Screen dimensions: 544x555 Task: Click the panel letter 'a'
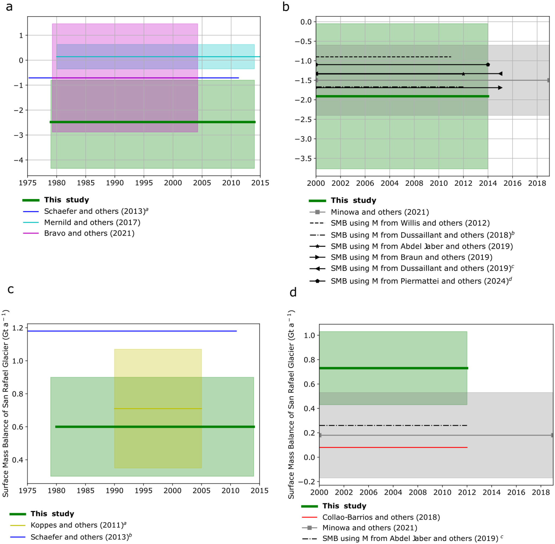(x=9, y=7)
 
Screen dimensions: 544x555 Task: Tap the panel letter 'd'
(x=293, y=293)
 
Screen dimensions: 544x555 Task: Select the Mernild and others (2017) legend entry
(x=92, y=222)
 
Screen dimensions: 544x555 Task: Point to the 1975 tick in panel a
(x=28, y=183)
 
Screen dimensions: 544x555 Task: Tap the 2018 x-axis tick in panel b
(x=537, y=183)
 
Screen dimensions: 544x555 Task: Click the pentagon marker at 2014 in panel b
(x=488, y=65)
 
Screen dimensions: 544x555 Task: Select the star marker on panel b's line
(x=463, y=74)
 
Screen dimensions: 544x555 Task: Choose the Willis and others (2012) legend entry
(x=410, y=223)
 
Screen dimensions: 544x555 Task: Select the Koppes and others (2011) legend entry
(x=78, y=525)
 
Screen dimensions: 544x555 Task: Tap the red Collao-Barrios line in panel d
(x=393, y=447)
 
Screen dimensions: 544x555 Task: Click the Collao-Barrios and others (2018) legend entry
(x=381, y=517)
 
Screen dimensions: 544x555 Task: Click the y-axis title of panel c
(x=6, y=403)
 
